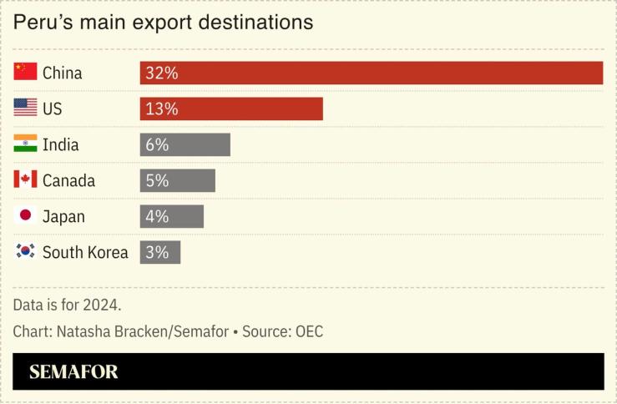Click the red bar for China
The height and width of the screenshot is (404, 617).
372,73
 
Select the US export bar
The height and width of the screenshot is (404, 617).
231,109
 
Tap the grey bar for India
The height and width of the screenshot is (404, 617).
185,144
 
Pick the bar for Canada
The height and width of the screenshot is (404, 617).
178,180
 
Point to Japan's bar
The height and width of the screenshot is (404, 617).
172,216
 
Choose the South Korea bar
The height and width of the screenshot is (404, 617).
160,252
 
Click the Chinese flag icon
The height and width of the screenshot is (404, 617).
26,72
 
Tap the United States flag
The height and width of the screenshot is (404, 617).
26,108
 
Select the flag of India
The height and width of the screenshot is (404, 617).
26,144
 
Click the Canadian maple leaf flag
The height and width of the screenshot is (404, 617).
26,179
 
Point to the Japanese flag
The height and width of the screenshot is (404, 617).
26,215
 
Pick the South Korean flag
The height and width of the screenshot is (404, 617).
26,251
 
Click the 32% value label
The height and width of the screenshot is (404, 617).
161,73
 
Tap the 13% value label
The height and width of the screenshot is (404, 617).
161,109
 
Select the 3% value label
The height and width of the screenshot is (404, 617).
157,252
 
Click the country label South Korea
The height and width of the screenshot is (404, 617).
85,252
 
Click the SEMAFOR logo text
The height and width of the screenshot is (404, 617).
73,372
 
